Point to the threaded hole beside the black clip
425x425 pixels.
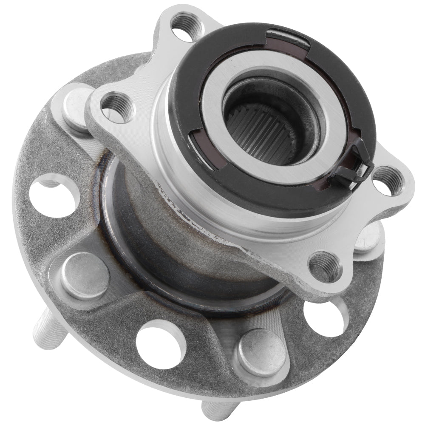[387, 181]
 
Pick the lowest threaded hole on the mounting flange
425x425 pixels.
[325, 265]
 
